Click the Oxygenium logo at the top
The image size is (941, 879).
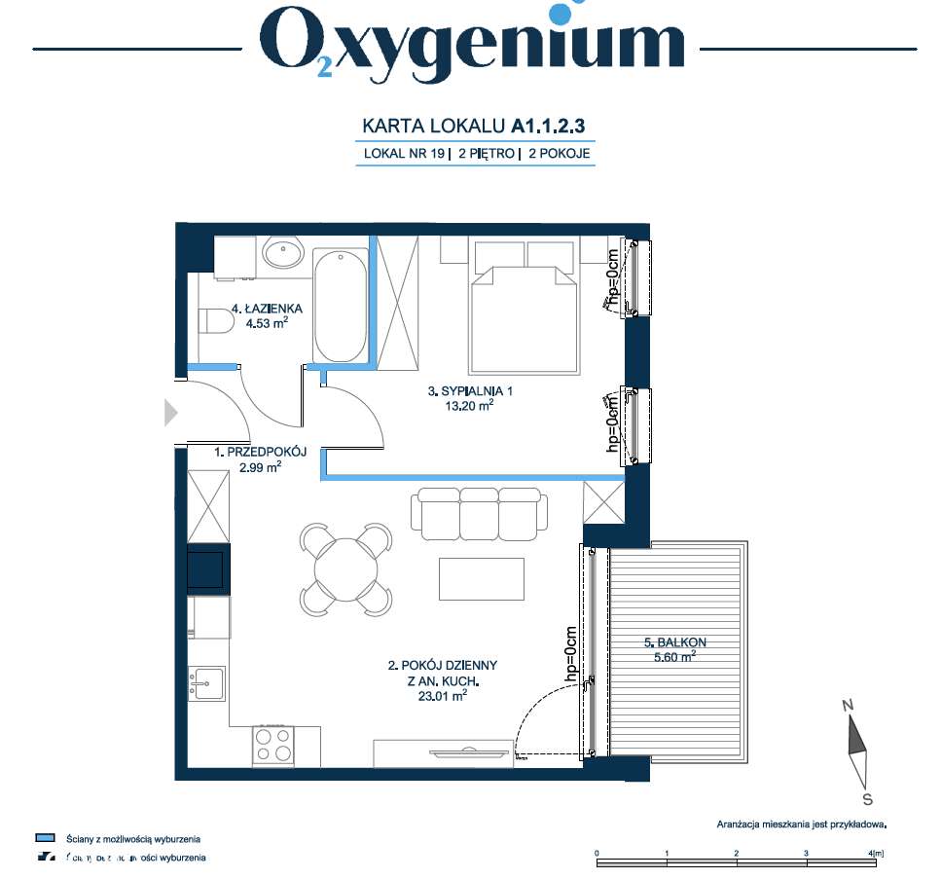[x=471, y=44]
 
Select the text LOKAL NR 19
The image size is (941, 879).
[x=403, y=153]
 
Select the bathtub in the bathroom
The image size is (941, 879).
[x=341, y=304]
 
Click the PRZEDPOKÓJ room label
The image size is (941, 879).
[x=261, y=452]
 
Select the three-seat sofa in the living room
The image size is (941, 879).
[x=478, y=513]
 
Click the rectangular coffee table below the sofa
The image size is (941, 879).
[x=482, y=578]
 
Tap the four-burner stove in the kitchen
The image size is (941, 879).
[x=273, y=745]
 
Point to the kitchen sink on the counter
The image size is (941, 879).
[x=206, y=683]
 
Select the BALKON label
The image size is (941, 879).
[x=674, y=642]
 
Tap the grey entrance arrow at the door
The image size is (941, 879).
[x=170, y=414]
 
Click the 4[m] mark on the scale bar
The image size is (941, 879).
[x=876, y=854]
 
